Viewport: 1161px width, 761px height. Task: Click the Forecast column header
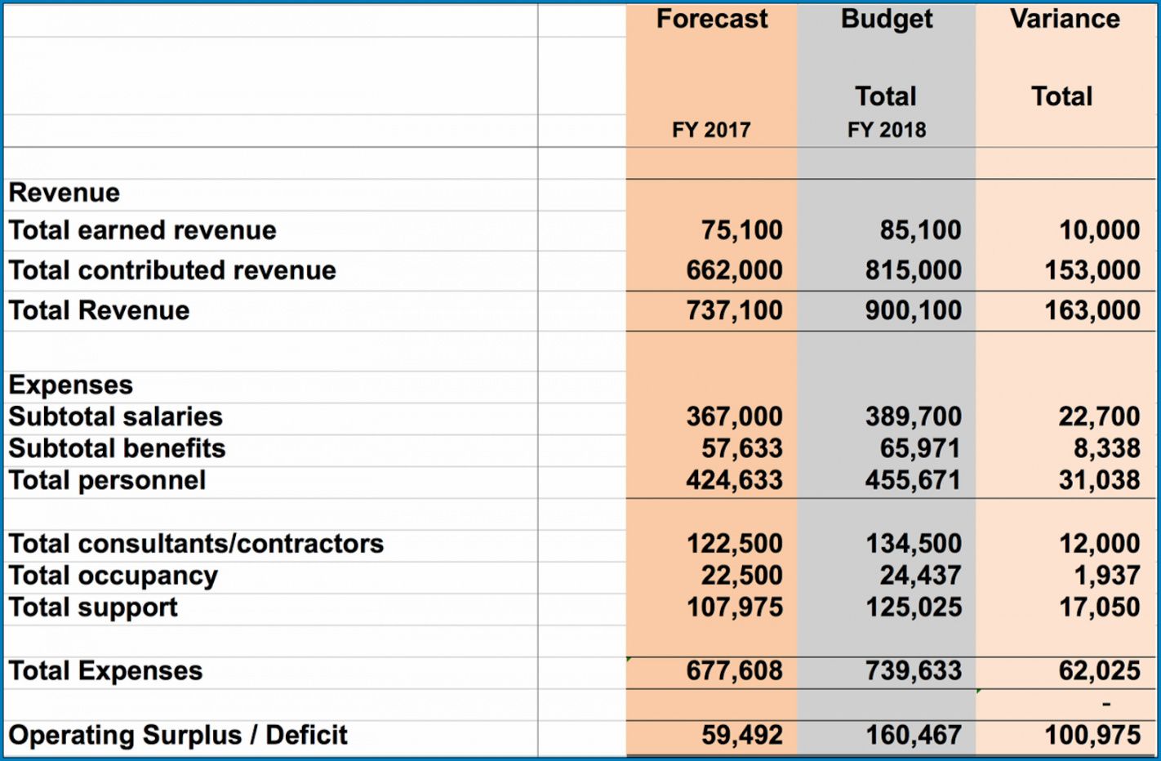[x=712, y=20]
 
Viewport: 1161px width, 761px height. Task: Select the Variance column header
[x=1065, y=20]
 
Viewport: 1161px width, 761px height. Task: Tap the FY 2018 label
[x=887, y=130]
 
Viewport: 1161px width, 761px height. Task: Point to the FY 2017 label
[x=711, y=130]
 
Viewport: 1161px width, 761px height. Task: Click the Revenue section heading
[x=64, y=193]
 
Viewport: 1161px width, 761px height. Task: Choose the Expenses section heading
[x=71, y=385]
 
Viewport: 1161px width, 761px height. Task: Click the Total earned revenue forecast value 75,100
[x=741, y=230]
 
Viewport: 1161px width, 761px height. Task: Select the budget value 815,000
[x=914, y=270]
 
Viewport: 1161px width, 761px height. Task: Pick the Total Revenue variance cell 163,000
[x=1092, y=310]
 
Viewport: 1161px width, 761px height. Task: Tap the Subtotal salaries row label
[x=116, y=416]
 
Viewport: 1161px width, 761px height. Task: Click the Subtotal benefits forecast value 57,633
[x=741, y=448]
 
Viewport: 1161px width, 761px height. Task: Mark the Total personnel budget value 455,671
[x=914, y=480]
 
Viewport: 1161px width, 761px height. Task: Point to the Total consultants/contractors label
[x=196, y=544]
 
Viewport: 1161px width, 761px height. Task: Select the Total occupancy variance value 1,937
[x=1107, y=576]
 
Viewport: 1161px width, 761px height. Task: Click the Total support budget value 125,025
[x=914, y=607]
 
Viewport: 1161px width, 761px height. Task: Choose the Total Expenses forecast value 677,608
[x=734, y=671]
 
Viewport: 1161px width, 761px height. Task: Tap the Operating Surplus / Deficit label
[x=178, y=735]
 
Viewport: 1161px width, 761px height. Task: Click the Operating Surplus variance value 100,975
[x=1092, y=735]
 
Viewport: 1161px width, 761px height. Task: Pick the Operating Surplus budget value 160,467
[x=914, y=735]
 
